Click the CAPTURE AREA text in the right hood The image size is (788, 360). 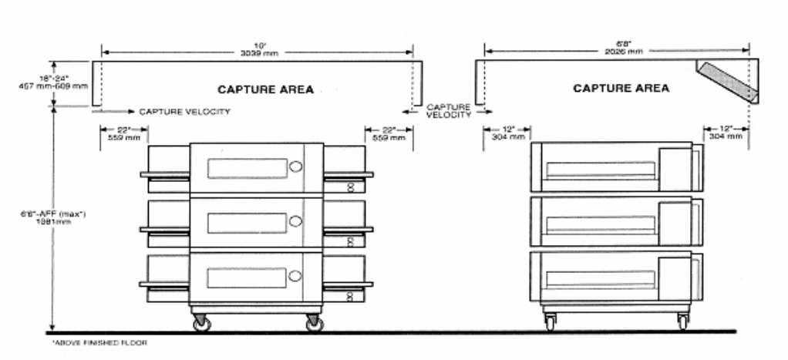point(621,89)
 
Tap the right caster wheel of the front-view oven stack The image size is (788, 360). point(314,324)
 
